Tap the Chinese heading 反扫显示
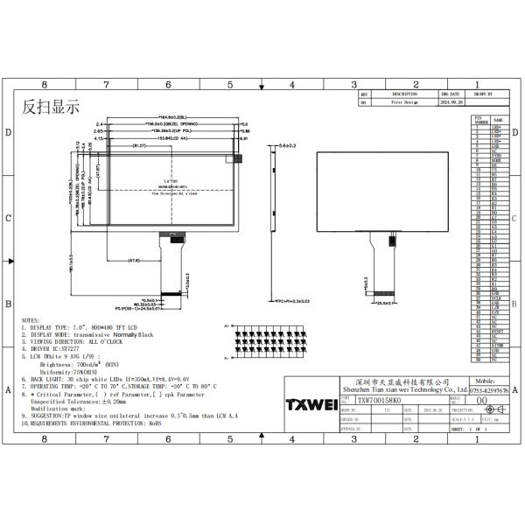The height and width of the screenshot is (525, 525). (x=51, y=108)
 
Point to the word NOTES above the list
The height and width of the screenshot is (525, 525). (x=30, y=321)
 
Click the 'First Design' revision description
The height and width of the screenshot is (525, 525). (x=404, y=101)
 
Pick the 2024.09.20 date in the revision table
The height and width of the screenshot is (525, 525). (x=451, y=101)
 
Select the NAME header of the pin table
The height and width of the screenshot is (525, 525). (x=497, y=120)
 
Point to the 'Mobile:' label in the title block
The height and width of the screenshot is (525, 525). (x=487, y=382)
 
